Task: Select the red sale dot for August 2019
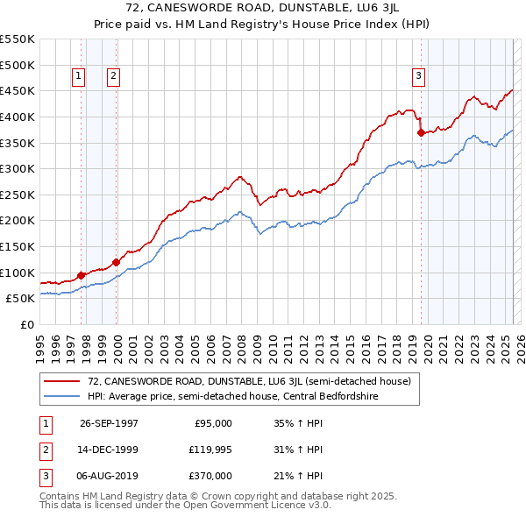point(422,133)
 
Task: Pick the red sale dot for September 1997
point(82,275)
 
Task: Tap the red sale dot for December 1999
point(117,262)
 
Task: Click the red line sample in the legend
point(61,381)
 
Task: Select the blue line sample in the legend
point(61,396)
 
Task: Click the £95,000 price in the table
point(213,423)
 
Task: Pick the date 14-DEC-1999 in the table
point(109,450)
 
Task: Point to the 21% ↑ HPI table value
point(298,476)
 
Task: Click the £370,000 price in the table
point(210,476)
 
